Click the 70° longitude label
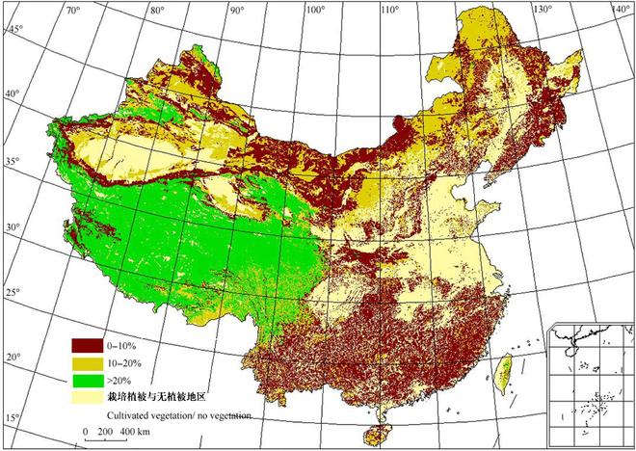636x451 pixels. click(x=71, y=11)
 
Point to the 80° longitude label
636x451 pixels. click(x=157, y=11)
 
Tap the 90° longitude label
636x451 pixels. click(x=235, y=11)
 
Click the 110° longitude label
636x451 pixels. click(x=391, y=11)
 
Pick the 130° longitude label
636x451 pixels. click(x=544, y=11)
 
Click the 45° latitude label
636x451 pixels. click(x=14, y=30)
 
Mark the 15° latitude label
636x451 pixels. click(x=12, y=416)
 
